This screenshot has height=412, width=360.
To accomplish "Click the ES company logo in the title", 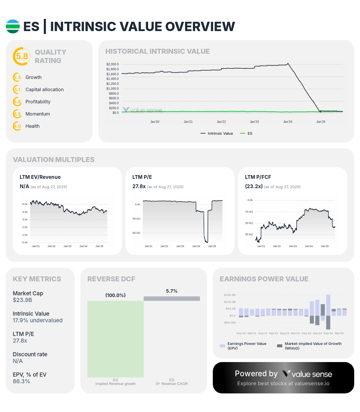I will point(13,26).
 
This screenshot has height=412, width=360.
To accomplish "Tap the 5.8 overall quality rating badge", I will point(22,56).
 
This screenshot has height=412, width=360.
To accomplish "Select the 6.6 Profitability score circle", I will point(17,102).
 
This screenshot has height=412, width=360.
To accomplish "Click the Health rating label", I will point(32,126).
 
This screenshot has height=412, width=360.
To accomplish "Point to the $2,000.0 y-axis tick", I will point(112,64).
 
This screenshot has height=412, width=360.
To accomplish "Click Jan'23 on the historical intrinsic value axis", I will point(254,122).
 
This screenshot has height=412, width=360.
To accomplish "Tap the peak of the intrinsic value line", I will point(288,63).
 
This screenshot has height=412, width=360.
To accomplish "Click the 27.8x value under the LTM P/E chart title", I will point(139,186).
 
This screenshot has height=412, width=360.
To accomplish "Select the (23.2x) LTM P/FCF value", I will point(254,186).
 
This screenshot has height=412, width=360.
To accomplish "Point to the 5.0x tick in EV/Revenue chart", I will point(25,204).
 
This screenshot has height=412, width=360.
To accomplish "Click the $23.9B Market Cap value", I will point(22,300).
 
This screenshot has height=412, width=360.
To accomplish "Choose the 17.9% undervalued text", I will point(37,321).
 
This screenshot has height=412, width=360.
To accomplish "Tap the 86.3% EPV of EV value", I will point(21,382).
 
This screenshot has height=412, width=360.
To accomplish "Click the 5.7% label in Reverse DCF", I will point(172,291).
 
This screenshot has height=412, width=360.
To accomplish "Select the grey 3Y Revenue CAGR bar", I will point(172,298).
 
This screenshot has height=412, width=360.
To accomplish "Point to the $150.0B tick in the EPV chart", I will point(230,295).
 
